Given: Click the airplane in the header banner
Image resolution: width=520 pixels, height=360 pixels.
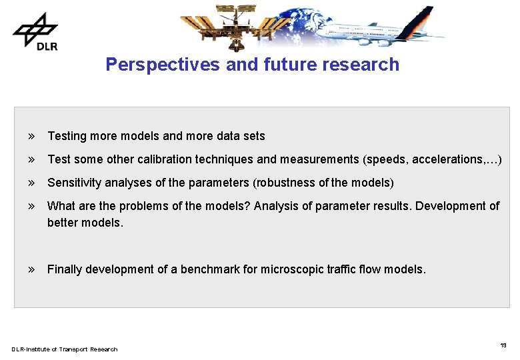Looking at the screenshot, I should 380,28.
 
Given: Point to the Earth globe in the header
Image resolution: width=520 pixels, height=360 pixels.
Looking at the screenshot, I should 300,23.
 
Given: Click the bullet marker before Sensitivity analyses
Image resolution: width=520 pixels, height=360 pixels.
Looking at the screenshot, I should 31,183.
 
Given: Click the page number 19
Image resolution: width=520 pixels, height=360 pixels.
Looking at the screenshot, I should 503,345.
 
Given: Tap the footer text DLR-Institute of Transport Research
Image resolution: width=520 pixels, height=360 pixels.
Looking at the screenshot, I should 64,349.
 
